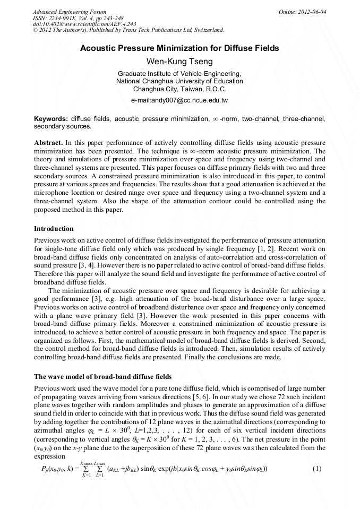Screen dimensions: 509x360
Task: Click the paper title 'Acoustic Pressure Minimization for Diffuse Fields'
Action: [179, 48]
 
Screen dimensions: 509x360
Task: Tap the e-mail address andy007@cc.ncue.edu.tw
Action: [179, 100]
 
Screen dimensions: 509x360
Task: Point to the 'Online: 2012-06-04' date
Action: [302, 12]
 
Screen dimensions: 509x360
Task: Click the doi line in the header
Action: [76, 24]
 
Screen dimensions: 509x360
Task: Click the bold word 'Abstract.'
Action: [49, 143]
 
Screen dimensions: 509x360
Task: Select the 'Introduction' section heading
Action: [54, 229]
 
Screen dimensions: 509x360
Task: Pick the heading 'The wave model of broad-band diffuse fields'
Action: [103, 376]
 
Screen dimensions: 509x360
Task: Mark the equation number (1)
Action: [317, 484]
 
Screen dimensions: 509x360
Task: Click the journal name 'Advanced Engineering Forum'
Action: [70, 12]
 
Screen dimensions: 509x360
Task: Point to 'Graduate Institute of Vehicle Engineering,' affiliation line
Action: [179, 74]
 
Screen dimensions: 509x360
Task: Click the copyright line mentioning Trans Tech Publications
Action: [128, 30]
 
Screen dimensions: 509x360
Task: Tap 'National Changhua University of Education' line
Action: [179, 81]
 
